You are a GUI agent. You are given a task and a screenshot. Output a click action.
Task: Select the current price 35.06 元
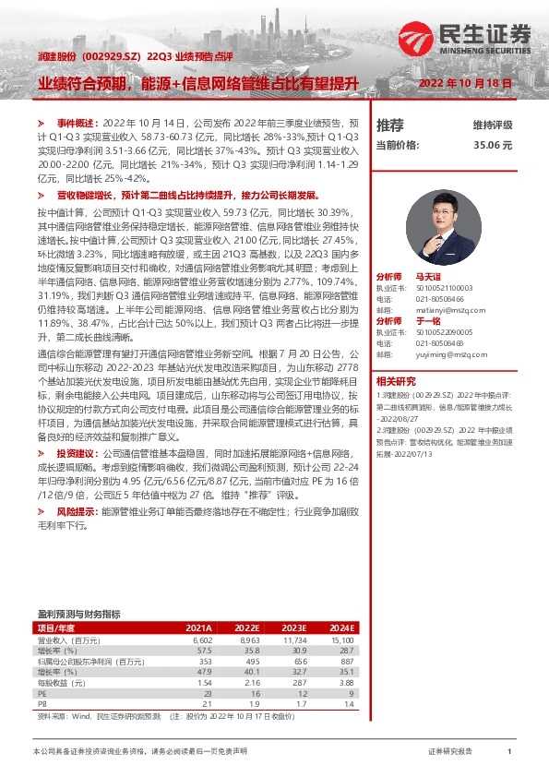493,145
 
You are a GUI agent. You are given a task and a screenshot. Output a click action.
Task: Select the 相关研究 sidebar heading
396,381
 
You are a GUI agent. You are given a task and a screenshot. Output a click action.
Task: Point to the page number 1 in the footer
509,752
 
